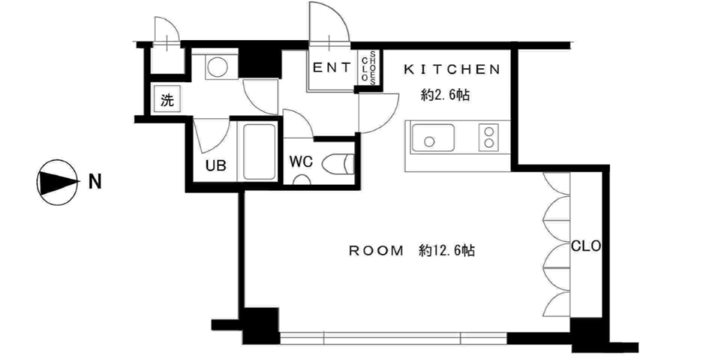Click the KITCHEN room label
(x=452, y=69)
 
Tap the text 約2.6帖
(x=445, y=95)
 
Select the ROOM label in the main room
(x=376, y=251)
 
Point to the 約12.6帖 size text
(x=447, y=251)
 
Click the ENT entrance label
(x=332, y=68)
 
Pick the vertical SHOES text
(x=373, y=68)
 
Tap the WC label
(x=301, y=162)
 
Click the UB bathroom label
(x=216, y=165)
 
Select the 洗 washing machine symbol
(x=167, y=99)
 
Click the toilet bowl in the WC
(x=338, y=164)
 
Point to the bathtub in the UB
(x=260, y=152)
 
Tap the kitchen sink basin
(x=433, y=138)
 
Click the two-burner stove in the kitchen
(x=489, y=137)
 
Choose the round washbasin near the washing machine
(x=217, y=67)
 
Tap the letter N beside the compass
(x=95, y=182)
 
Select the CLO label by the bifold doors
(x=586, y=246)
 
